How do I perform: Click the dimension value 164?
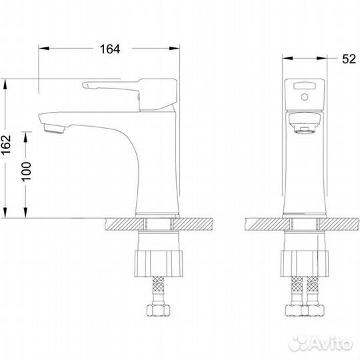click(x=110, y=49)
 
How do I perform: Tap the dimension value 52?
click(x=349, y=59)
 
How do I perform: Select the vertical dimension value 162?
click(x=6, y=145)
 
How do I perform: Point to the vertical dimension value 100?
click(x=27, y=172)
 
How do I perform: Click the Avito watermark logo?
click(x=321, y=343)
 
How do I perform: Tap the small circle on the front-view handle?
click(x=305, y=97)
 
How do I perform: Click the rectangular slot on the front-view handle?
click(x=305, y=86)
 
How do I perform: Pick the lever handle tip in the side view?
click(x=85, y=85)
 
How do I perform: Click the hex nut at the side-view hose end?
click(x=158, y=310)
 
